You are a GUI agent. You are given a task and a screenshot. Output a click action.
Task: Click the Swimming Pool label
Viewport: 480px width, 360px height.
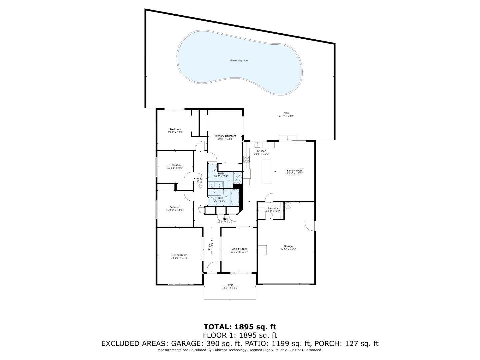239,61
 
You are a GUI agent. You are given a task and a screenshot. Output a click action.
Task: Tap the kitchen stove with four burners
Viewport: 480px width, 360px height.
246,159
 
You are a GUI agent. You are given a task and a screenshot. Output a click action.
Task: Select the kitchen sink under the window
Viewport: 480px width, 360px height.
257,145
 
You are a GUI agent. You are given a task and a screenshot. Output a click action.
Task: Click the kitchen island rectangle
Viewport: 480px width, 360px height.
266,172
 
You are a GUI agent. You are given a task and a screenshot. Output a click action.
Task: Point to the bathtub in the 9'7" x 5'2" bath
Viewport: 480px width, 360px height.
235,197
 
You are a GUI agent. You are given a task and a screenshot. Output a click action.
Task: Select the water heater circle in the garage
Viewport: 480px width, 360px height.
288,205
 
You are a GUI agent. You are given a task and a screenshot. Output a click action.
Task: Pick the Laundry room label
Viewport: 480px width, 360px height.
273,208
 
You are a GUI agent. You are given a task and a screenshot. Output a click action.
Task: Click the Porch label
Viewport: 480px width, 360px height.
230,285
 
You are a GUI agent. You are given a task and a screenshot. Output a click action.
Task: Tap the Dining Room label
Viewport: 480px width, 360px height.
239,249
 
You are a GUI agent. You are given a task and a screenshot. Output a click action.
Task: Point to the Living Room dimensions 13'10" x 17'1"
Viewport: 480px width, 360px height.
180,258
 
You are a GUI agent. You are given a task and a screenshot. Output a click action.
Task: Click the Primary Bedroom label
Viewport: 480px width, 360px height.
225,136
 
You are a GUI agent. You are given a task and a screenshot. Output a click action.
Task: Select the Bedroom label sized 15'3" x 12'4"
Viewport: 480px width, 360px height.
175,132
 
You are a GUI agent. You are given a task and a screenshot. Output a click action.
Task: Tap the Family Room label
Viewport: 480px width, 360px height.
295,171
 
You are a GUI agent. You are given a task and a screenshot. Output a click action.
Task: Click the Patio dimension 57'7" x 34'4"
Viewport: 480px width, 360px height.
286,116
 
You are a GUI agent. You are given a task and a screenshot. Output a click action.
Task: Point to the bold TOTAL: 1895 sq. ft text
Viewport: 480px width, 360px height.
240,327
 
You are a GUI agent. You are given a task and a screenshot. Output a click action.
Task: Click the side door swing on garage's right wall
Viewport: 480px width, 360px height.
310,226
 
